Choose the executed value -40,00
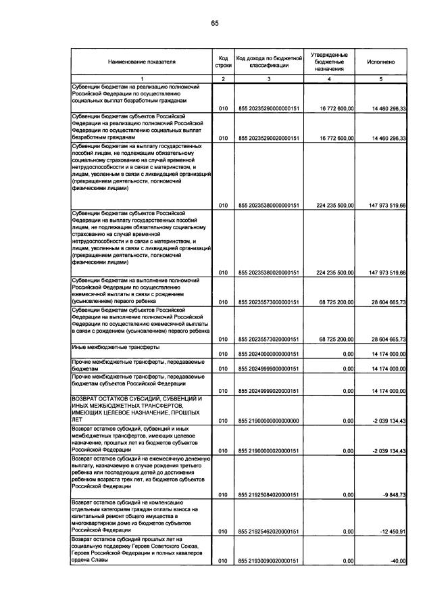[x=396, y=561]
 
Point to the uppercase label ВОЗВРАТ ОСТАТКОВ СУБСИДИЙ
[x=139, y=399]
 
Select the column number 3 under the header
[x=268, y=79]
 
